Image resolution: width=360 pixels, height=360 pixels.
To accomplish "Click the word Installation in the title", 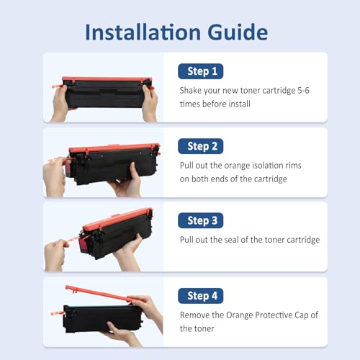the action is pyautogui.click(x=143, y=32).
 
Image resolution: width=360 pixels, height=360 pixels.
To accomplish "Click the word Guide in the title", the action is pyautogui.click(x=238, y=32).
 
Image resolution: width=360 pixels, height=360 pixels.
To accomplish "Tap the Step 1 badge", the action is pyautogui.click(x=201, y=71).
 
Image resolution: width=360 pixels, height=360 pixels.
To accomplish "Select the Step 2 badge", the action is pyautogui.click(x=201, y=146).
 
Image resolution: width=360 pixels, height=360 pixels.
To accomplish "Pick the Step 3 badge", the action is pyautogui.click(x=201, y=220).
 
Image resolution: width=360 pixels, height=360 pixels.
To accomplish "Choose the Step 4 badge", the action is pyautogui.click(x=201, y=296).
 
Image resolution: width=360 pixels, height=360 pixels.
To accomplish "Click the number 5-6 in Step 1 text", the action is pyautogui.click(x=303, y=91).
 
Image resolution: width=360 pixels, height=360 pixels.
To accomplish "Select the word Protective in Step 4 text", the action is pyautogui.click(x=271, y=315).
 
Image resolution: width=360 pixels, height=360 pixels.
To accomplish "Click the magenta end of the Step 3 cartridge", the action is pyautogui.click(x=84, y=243).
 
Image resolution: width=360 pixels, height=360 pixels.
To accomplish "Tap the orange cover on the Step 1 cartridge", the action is pyautogui.click(x=107, y=79).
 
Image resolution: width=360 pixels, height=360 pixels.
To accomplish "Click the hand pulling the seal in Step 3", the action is pyautogui.click(x=55, y=255).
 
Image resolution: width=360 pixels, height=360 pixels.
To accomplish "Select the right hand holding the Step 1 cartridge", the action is pyautogui.click(x=150, y=103).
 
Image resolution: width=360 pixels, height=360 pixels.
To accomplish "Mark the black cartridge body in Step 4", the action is pyautogui.click(x=103, y=318).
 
